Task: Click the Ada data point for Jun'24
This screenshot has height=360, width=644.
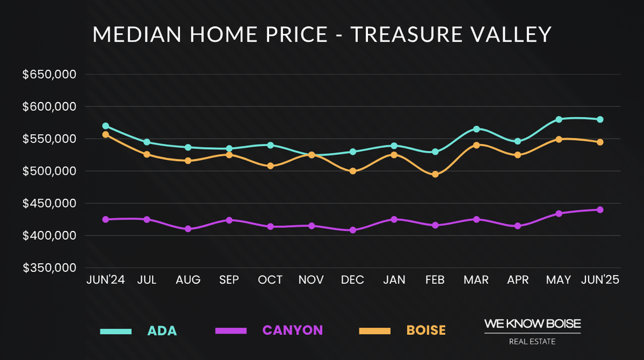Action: (106, 126)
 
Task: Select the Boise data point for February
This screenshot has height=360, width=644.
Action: (435, 174)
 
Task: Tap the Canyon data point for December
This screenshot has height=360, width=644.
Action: (353, 230)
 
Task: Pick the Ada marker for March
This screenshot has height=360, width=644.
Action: (476, 129)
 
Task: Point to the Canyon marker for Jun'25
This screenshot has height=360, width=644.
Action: (600, 210)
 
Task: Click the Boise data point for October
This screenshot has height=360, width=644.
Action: (270, 166)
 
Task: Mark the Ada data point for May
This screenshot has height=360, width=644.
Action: (558, 119)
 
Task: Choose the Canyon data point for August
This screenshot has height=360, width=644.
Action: (188, 229)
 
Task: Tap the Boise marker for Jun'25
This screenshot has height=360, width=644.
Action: (600, 142)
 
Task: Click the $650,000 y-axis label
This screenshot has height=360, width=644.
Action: (49, 74)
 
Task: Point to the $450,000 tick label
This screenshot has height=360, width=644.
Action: (49, 203)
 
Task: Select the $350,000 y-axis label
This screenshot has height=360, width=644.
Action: (49, 267)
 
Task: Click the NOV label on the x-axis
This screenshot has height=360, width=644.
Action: (311, 280)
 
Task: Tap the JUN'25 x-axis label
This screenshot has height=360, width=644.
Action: (599, 280)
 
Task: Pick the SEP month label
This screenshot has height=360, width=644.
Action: (229, 280)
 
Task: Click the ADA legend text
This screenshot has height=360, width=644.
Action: (162, 330)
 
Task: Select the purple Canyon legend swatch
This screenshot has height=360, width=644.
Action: (231, 330)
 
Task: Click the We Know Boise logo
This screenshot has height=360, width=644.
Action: (532, 331)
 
